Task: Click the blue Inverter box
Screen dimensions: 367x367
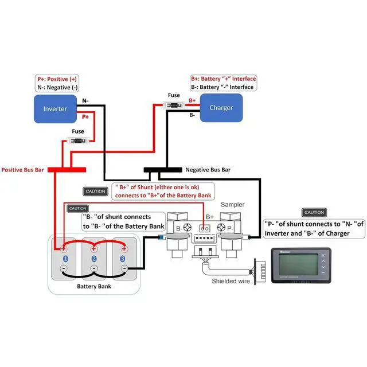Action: pyautogui.click(x=55, y=108)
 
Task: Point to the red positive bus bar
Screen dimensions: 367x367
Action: pyautogui.click(x=66, y=170)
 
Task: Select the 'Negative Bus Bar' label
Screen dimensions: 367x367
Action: pyautogui.click(x=208, y=170)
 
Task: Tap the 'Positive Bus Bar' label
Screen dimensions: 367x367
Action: pyautogui.click(x=24, y=170)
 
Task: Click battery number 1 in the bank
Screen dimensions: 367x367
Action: pyautogui.click(x=65, y=259)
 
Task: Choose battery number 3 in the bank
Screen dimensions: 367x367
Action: pyautogui.click(x=123, y=259)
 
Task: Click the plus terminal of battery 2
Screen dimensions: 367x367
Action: pyautogui.click(x=94, y=249)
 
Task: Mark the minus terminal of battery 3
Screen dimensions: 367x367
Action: pyautogui.click(x=123, y=268)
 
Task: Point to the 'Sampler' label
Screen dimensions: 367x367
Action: pyautogui.click(x=233, y=204)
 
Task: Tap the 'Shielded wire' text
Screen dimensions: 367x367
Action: pyautogui.click(x=231, y=281)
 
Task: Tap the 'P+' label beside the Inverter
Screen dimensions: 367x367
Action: pyautogui.click(x=85, y=116)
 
